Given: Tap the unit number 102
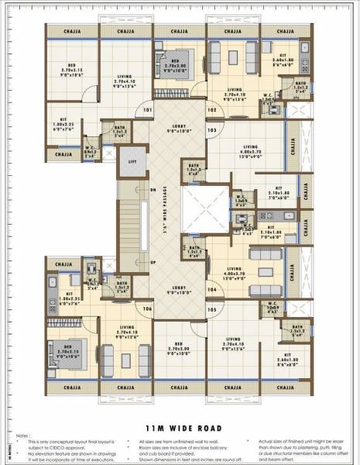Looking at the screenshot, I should pyautogui.click(x=211, y=110).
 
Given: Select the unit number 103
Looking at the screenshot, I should pyautogui.click(x=211, y=130).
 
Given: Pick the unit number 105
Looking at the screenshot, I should pyautogui.click(x=211, y=309).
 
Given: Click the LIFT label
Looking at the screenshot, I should pyautogui.click(x=131, y=160).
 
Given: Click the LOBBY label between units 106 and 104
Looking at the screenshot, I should pyautogui.click(x=179, y=291).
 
